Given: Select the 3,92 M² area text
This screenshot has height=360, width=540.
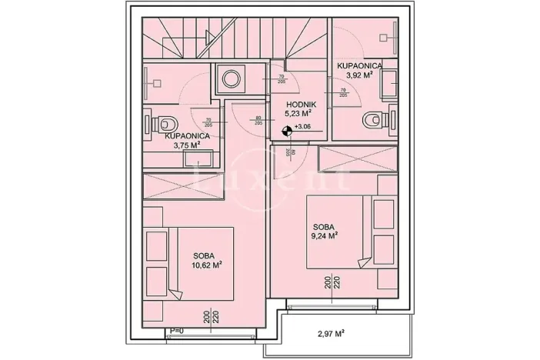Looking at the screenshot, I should point(359,75).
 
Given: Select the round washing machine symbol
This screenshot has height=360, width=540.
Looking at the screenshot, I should point(230,77).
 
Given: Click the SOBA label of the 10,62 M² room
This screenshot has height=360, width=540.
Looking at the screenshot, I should point(204,255).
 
